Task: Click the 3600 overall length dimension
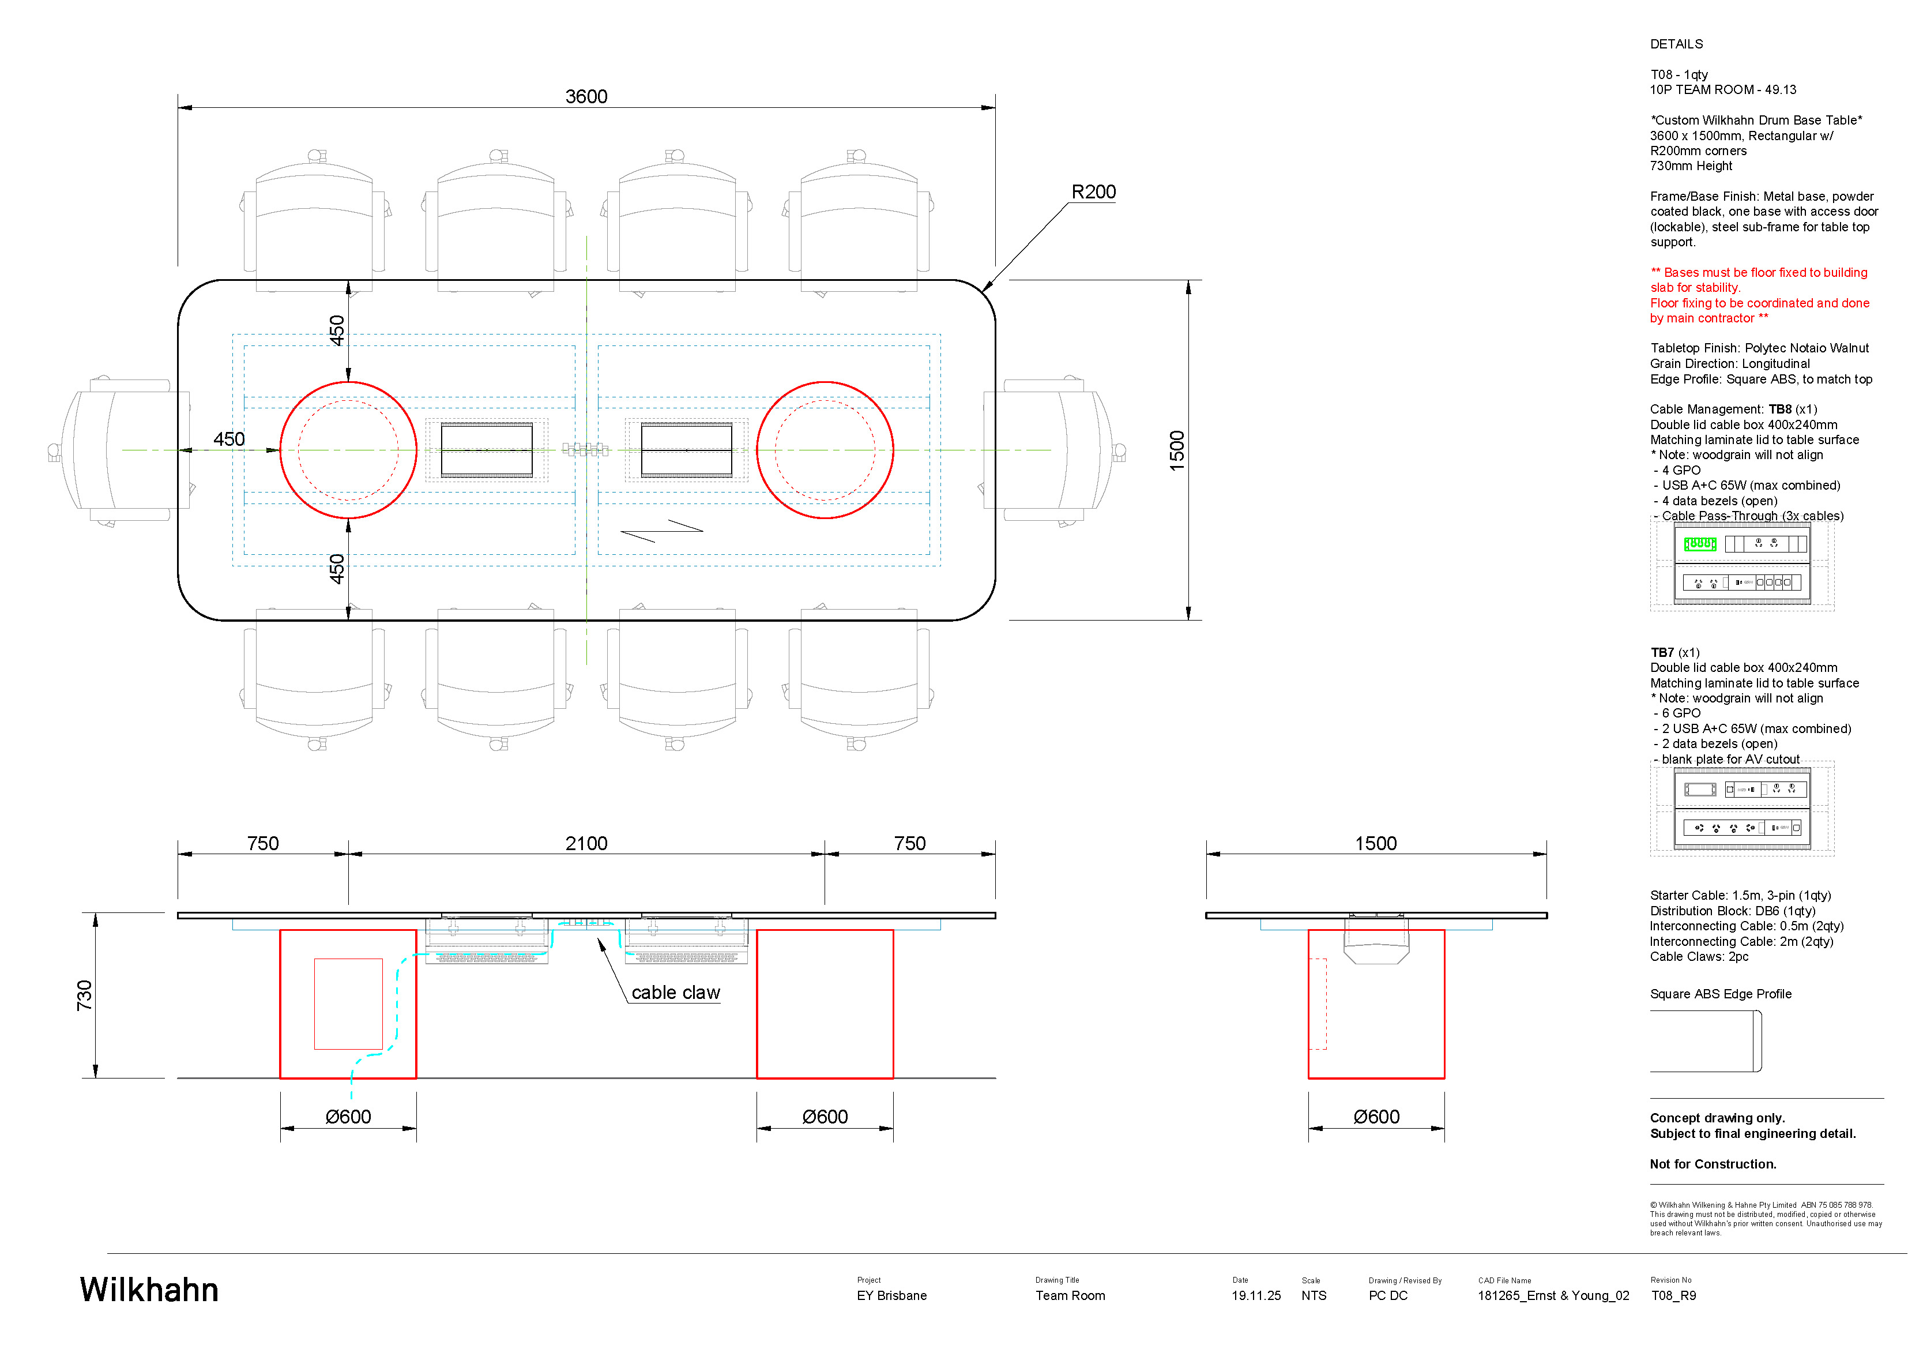(x=586, y=96)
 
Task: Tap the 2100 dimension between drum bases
(x=586, y=844)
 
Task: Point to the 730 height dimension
(x=85, y=995)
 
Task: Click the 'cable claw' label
(x=676, y=993)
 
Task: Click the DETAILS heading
(x=1676, y=44)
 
